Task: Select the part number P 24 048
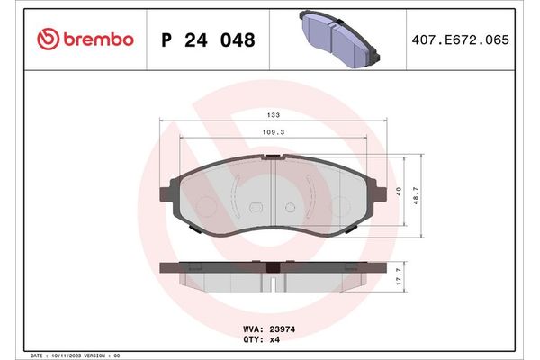(x=206, y=40)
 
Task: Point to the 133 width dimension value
(x=272, y=115)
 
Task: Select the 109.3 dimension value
(x=272, y=132)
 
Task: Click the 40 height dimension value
(x=398, y=191)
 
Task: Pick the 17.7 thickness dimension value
(x=399, y=277)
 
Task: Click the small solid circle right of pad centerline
(x=289, y=208)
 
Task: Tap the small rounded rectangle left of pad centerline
(x=255, y=208)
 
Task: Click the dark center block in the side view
(x=273, y=266)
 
